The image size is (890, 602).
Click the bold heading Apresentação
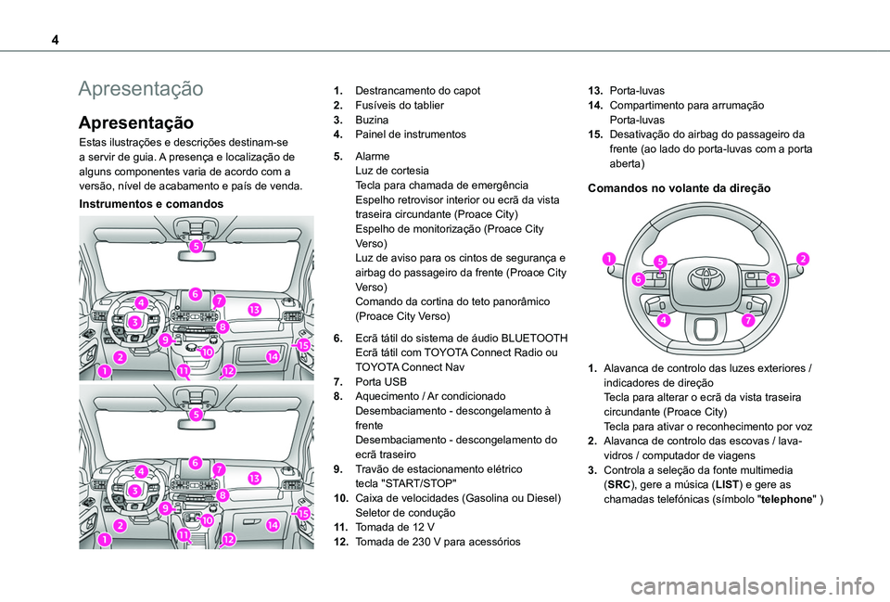[136, 122]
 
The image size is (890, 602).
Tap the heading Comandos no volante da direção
[679, 187]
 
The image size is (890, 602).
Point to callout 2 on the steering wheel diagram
[802, 258]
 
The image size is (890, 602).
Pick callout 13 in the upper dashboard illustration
[253, 308]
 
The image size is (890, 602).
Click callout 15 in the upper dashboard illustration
[303, 345]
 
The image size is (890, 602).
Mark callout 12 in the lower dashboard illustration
[228, 539]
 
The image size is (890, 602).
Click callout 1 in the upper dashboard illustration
[103, 371]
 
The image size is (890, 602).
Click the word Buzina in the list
[372, 120]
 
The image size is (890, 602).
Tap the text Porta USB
[380, 381]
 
